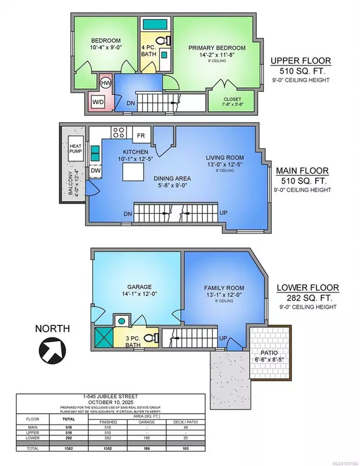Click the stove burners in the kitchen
coord(118,134)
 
